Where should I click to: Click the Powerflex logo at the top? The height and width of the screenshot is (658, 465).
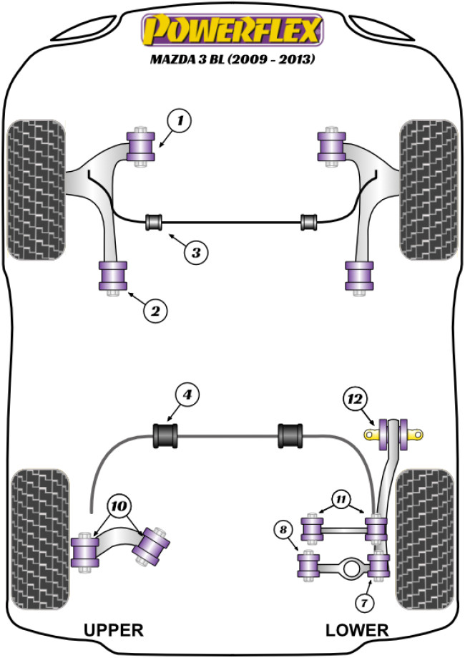point(232,31)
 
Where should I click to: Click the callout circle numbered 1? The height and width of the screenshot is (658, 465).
point(180,122)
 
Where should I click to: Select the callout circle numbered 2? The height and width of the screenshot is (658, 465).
point(156,310)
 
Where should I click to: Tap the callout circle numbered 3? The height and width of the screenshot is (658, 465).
point(197,251)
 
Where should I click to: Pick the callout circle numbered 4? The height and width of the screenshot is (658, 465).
point(187,395)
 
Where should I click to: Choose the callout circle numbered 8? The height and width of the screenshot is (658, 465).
point(284,530)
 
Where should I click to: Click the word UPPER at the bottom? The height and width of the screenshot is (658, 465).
point(114,630)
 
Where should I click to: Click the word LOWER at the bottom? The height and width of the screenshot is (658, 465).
point(357,630)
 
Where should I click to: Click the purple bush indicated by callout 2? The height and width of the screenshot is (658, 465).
point(112,277)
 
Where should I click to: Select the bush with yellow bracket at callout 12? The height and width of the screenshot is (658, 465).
point(393,433)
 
